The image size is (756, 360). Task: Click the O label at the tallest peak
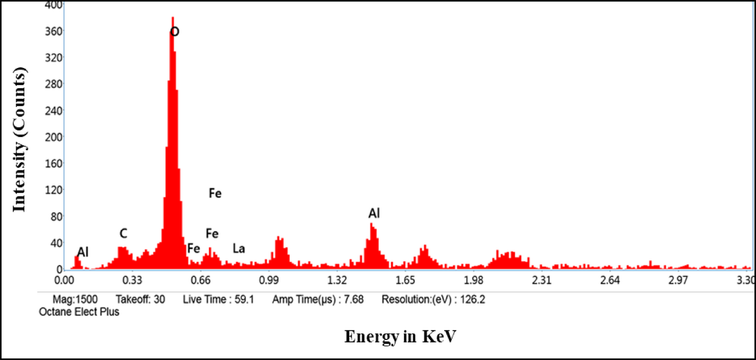click(x=175, y=32)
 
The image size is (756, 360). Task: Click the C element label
click(x=123, y=233)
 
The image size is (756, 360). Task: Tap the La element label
click(x=239, y=249)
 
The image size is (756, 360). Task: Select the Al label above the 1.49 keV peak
click(x=374, y=213)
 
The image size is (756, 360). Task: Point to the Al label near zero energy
click(x=83, y=252)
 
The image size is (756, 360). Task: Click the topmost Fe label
click(x=215, y=193)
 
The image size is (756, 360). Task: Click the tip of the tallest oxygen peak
click(x=173, y=18)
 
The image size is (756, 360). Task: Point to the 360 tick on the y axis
click(x=53, y=32)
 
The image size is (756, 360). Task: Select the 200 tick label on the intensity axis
click(x=53, y=137)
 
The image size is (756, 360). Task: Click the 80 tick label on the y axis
click(x=56, y=217)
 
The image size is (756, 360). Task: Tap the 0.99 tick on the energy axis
click(x=269, y=280)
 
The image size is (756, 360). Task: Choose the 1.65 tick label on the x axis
click(x=405, y=280)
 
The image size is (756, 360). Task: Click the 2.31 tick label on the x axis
click(x=542, y=280)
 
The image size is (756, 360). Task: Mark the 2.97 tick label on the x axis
click(x=678, y=280)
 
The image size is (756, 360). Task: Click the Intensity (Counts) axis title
click(x=19, y=139)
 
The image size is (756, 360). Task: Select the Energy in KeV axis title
click(x=400, y=336)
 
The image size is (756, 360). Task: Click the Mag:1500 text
click(x=75, y=300)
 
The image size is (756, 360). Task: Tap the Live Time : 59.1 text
click(x=218, y=300)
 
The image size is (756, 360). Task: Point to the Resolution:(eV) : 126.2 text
click(x=433, y=300)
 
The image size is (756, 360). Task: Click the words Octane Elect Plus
click(x=79, y=312)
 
